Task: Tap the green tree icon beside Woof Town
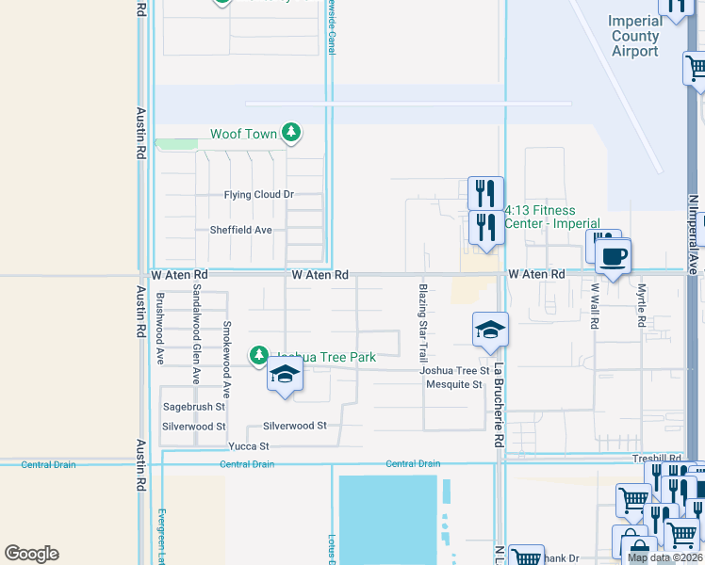pos(291,134)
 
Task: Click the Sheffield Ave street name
pos(240,230)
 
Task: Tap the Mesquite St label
pos(451,384)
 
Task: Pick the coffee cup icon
pos(613,255)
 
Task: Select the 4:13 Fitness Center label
pos(552,218)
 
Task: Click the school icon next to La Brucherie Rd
pos(490,331)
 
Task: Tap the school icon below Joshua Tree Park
pos(285,376)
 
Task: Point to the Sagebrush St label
pos(194,408)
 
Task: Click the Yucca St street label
pos(249,445)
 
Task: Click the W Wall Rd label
pos(596,306)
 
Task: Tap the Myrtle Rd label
pos(642,305)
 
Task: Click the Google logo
pos(31,554)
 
